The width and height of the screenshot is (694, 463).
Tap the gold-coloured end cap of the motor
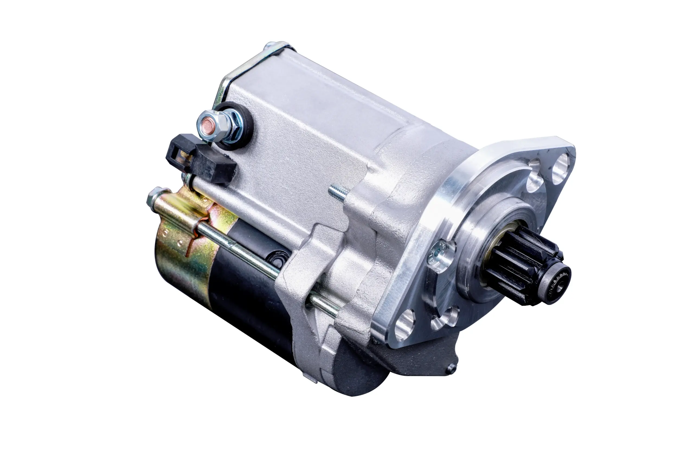pos(183,260)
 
